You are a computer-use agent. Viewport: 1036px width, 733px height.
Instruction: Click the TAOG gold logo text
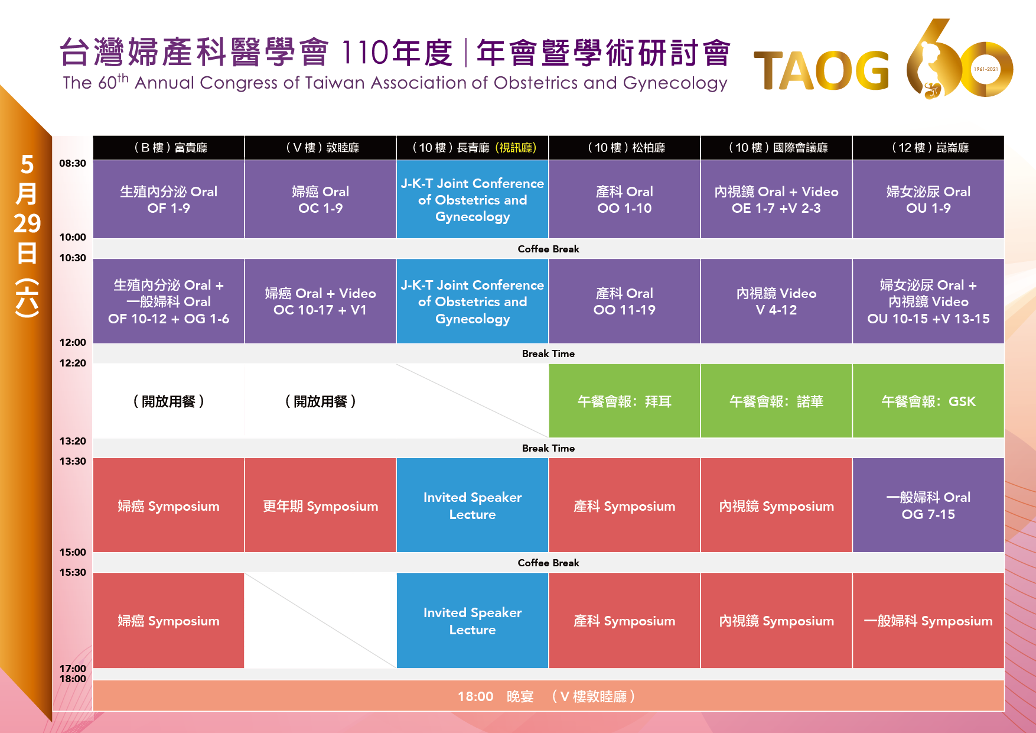coord(822,71)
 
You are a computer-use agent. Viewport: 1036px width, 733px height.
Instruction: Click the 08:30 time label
coord(73,163)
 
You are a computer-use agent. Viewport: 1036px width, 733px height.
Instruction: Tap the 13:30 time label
coord(73,461)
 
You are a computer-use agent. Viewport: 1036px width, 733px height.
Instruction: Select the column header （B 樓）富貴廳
coord(169,148)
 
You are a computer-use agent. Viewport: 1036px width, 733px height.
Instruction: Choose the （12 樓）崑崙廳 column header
coord(929,148)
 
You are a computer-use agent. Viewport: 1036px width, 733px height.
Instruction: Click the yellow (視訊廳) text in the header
coord(516,148)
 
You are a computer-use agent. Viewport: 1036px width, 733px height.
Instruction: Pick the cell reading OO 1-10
coord(624,199)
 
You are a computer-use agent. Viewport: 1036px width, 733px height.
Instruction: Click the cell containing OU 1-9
coord(929,199)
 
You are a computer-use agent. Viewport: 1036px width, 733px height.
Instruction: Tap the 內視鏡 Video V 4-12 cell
coord(777,301)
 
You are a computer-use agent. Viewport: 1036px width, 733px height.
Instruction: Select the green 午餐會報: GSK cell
coord(929,401)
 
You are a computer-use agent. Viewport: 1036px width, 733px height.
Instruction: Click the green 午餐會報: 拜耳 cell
coord(624,401)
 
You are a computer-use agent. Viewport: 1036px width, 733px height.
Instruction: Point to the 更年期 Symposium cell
coord(320,505)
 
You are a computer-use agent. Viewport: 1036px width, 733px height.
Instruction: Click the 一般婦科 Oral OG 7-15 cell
coord(929,505)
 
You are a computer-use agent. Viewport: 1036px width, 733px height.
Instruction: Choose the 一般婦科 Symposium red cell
coord(929,621)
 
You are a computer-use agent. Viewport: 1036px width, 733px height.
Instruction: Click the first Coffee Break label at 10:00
coord(548,249)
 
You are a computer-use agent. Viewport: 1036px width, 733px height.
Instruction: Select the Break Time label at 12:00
coord(548,353)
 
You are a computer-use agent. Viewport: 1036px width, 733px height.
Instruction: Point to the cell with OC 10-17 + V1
coord(320,301)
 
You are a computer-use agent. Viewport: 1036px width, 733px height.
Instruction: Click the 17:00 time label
coord(73,669)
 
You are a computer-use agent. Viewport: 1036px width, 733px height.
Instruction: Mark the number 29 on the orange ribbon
coord(27,223)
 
